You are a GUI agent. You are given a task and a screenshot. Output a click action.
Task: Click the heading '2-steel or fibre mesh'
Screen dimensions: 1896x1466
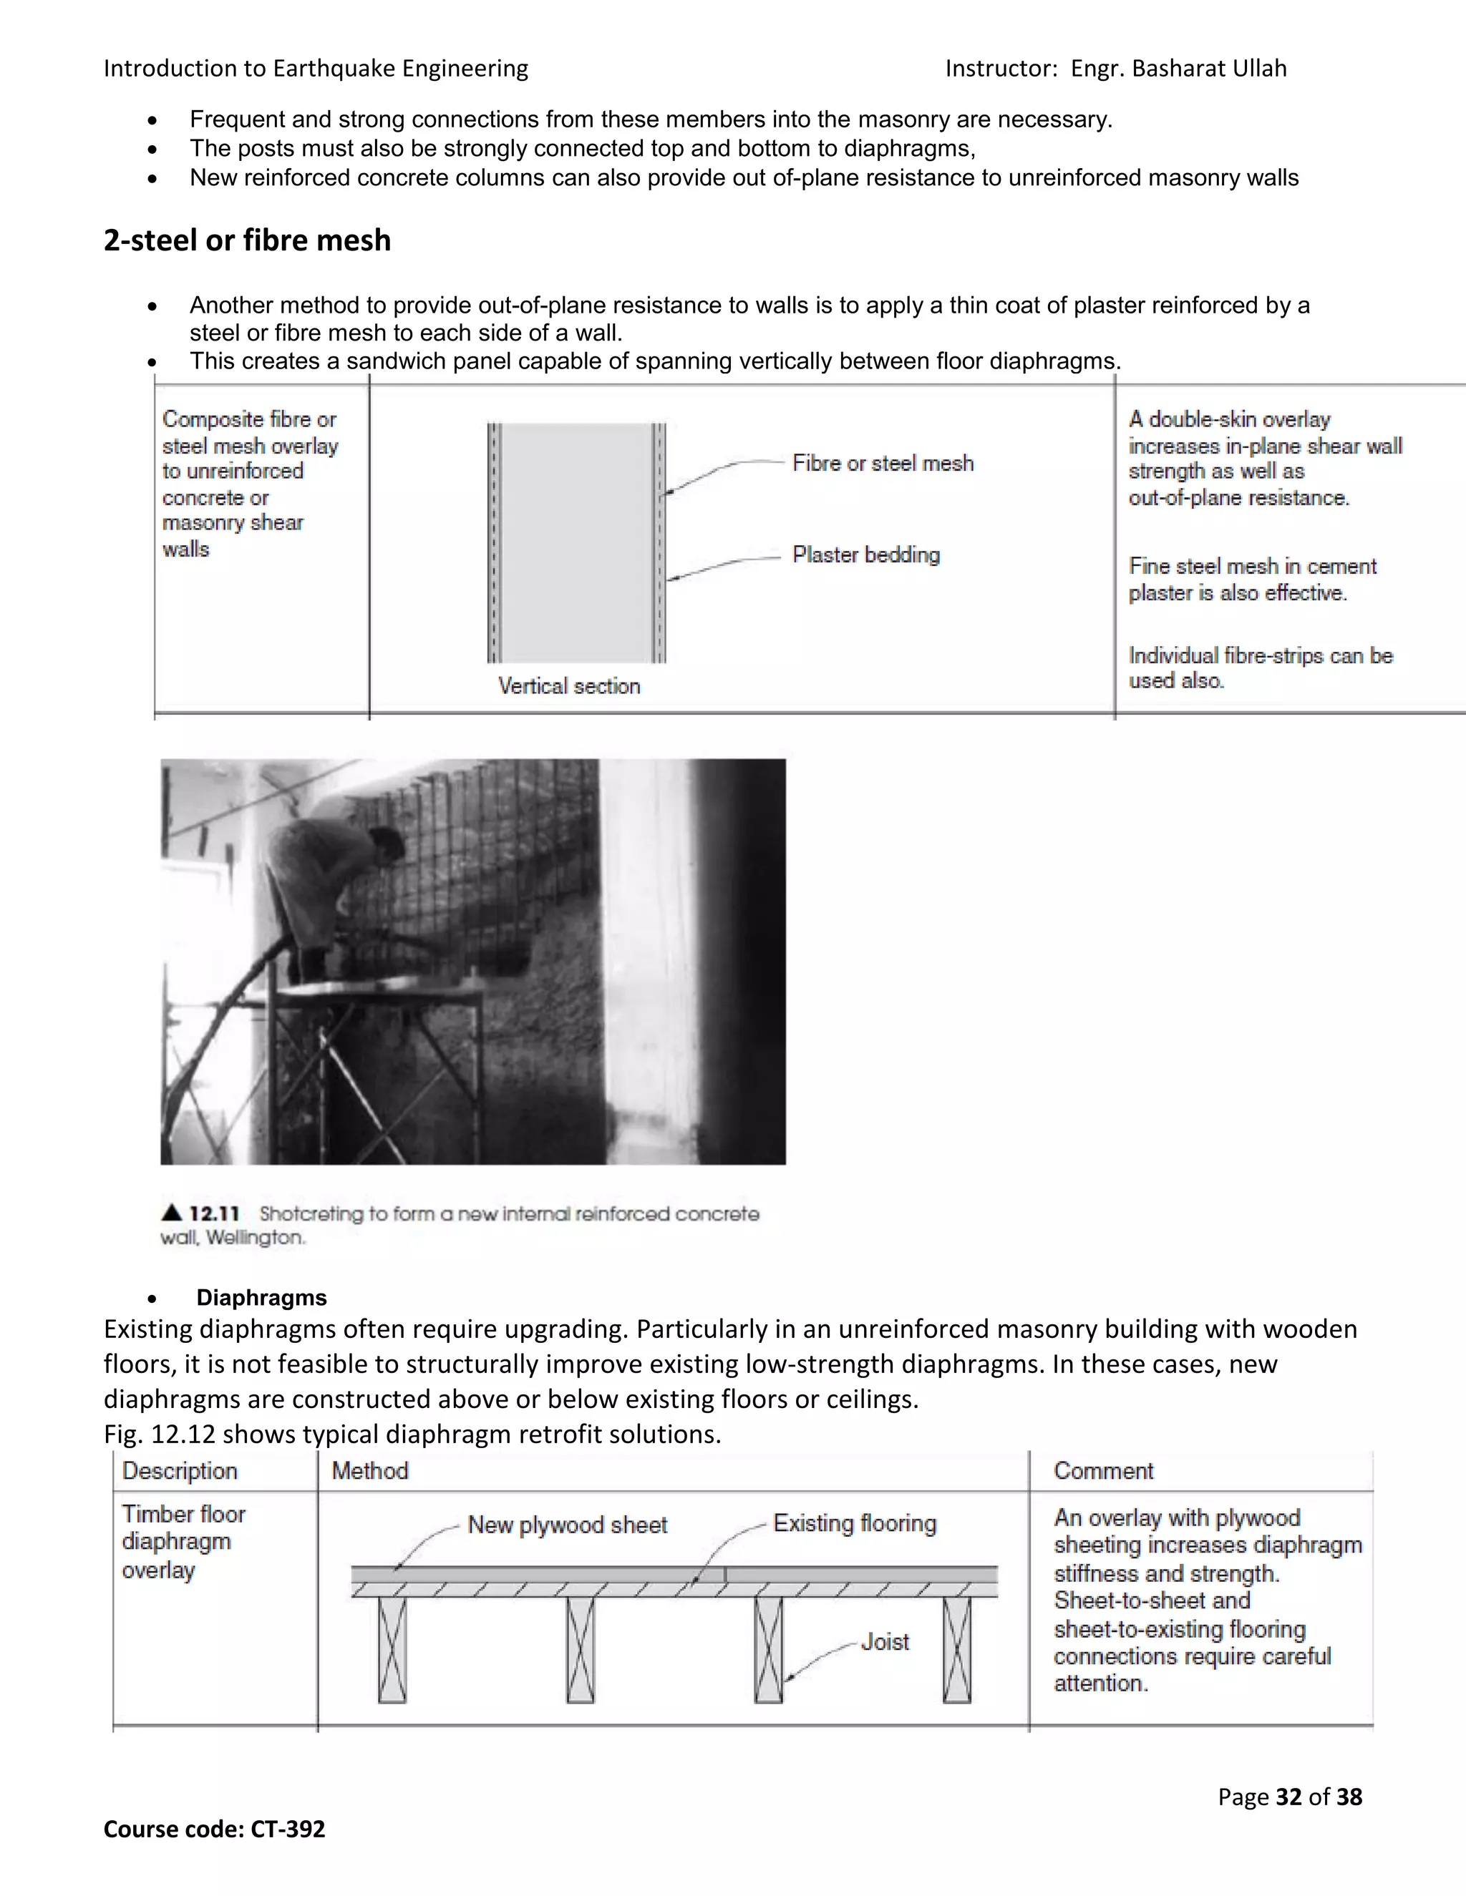(247, 240)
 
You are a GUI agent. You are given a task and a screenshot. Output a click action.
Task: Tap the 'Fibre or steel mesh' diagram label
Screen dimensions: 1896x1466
(883, 464)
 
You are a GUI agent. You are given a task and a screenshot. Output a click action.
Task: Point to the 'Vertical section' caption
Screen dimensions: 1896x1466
(569, 686)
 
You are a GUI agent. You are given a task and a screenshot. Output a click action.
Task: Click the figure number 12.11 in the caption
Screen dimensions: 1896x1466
(213, 1213)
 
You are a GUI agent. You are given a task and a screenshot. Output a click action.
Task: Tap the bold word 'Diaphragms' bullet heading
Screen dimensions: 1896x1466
(261, 1297)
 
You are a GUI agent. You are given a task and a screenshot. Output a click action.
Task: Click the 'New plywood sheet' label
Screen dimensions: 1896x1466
(567, 1525)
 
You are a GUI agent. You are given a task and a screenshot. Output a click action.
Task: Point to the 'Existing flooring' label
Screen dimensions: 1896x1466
(855, 1523)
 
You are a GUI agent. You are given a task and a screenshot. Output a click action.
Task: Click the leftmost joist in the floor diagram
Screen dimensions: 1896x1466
(392, 1649)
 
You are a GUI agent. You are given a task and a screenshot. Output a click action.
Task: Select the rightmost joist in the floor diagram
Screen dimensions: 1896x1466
(956, 1649)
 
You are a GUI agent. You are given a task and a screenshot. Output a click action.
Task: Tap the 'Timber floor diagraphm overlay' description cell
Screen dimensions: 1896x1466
(183, 1542)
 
